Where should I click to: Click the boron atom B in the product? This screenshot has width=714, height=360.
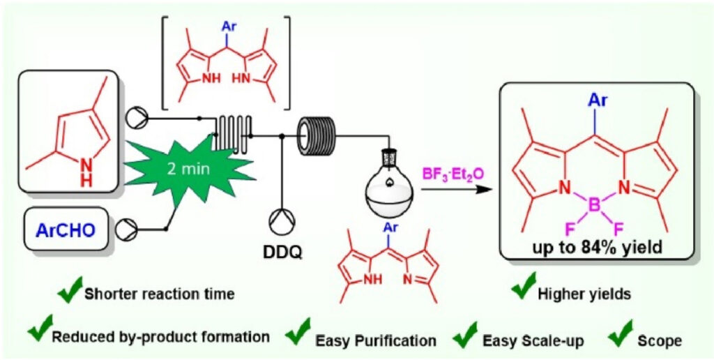pos(594,206)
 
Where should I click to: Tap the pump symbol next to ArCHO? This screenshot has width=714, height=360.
pos(129,227)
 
